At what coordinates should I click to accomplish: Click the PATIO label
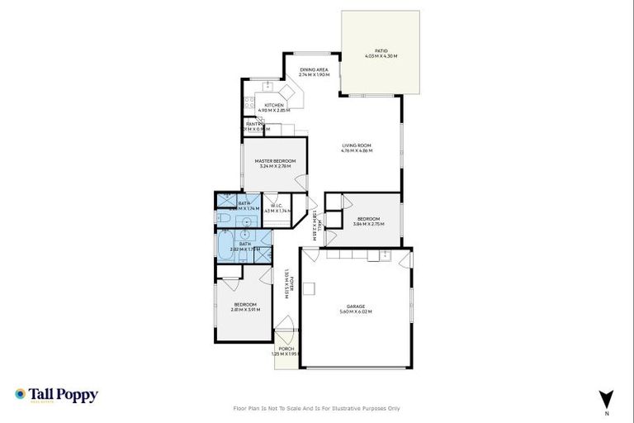point(381,51)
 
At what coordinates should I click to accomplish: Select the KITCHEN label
point(274,105)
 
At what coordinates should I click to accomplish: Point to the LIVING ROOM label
point(357,145)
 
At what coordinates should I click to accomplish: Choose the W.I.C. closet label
point(274,206)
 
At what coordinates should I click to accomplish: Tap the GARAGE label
point(356,307)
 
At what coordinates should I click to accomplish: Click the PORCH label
point(286,349)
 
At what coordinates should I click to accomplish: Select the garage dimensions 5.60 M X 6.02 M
point(356,312)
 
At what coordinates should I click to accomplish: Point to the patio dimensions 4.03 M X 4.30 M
point(381,56)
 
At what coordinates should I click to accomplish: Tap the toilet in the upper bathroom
point(224,217)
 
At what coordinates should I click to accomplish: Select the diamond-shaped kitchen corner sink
point(287,93)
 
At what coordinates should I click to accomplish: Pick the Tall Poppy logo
point(56,395)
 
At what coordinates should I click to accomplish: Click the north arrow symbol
point(607,397)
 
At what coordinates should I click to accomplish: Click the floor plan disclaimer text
point(317,408)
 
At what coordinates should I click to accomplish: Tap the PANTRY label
point(254,124)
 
